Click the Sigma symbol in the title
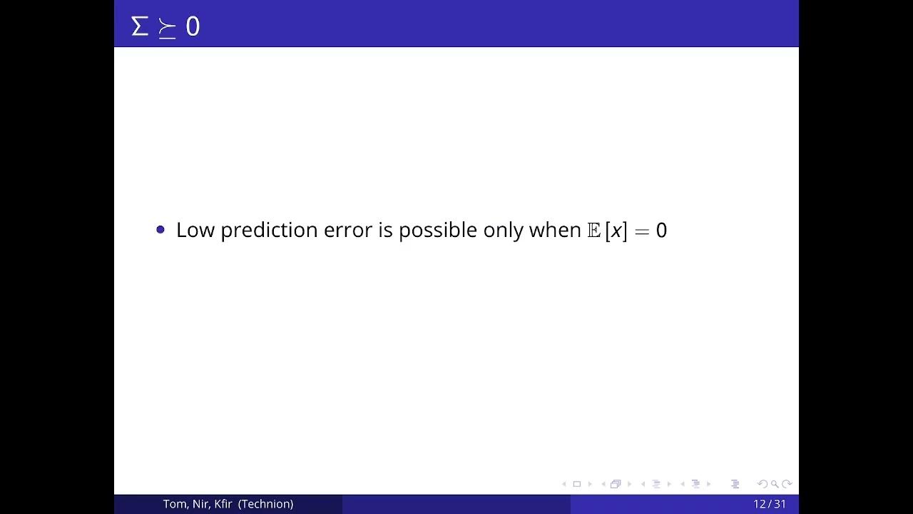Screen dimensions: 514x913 click(140, 26)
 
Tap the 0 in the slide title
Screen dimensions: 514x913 click(193, 27)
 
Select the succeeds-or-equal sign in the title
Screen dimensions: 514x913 click(167, 29)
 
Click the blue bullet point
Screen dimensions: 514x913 click(160, 229)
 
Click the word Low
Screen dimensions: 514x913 click(195, 230)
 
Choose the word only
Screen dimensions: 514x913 click(503, 230)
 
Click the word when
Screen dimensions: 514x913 click(555, 230)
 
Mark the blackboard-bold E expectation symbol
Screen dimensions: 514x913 click(593, 230)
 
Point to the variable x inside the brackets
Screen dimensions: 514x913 click(616, 231)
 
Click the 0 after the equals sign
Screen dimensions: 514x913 click(661, 230)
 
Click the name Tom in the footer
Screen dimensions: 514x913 click(175, 504)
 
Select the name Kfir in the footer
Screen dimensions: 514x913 click(223, 504)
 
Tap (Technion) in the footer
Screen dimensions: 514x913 click(266, 504)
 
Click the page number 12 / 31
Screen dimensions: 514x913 click(770, 504)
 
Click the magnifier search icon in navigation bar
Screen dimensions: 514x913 click(774, 484)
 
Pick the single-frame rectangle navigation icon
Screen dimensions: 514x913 click(577, 484)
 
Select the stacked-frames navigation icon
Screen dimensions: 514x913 click(616, 484)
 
